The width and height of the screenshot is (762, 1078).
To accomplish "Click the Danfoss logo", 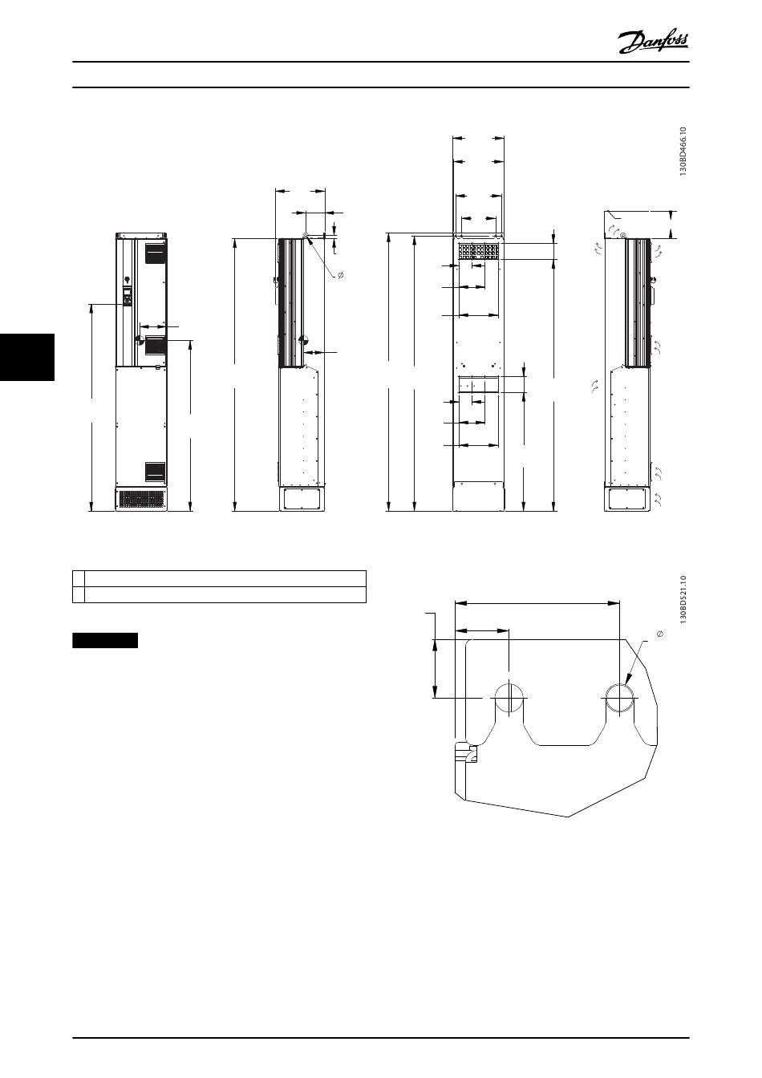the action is (x=653, y=43).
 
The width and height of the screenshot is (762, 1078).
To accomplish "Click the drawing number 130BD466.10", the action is (x=683, y=152).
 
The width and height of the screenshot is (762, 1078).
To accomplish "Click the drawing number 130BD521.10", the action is (x=683, y=600).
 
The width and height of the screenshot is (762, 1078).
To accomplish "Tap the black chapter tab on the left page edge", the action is (x=27, y=357).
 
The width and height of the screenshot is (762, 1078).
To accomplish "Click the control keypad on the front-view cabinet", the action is (x=127, y=297).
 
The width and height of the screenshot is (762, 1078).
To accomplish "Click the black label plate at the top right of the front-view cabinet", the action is (x=156, y=253).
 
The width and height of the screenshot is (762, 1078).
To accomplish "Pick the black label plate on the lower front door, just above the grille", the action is (x=156, y=471).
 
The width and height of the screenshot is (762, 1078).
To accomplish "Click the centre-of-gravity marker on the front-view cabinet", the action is (x=139, y=340).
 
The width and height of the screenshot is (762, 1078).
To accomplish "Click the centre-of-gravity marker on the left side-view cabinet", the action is (x=304, y=340).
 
